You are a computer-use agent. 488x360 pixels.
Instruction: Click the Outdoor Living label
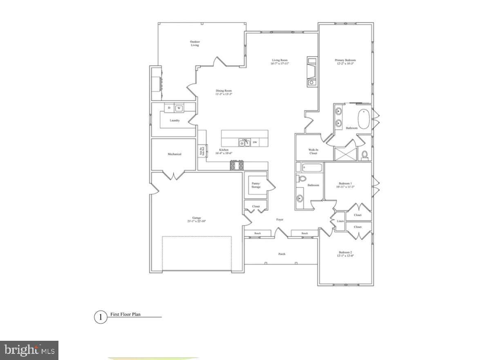point(195,43)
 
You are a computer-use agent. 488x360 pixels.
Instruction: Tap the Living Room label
point(279,62)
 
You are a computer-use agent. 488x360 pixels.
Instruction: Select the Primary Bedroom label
point(345,62)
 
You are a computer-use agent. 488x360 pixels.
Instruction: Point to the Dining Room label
point(224,92)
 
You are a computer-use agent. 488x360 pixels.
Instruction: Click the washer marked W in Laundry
point(179,108)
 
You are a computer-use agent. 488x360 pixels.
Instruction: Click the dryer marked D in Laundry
point(169,108)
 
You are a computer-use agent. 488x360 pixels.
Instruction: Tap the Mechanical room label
point(174,154)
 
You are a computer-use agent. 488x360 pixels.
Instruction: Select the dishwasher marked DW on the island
point(255,142)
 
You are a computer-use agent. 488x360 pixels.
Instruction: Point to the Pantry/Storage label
point(256,185)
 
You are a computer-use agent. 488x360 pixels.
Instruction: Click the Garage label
point(197,219)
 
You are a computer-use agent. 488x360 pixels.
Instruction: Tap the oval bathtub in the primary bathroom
point(363,119)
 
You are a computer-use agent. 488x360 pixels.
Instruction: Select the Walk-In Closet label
point(313,152)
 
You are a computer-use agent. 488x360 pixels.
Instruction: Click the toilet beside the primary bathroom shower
point(365,155)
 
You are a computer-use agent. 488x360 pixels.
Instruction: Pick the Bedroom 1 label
point(345,185)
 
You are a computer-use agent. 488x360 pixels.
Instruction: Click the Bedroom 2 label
point(345,254)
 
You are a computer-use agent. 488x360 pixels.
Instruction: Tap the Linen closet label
point(340,221)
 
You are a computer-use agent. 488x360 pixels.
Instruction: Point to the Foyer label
point(280,220)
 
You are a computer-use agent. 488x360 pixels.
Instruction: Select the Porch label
point(282,254)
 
